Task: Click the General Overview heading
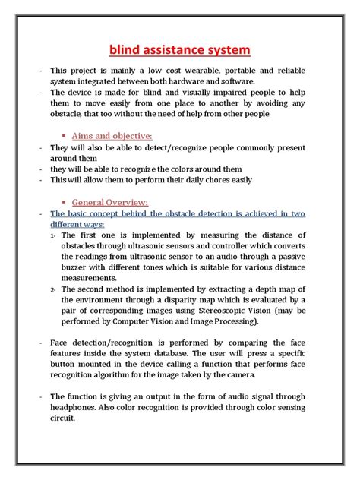(110, 203)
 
